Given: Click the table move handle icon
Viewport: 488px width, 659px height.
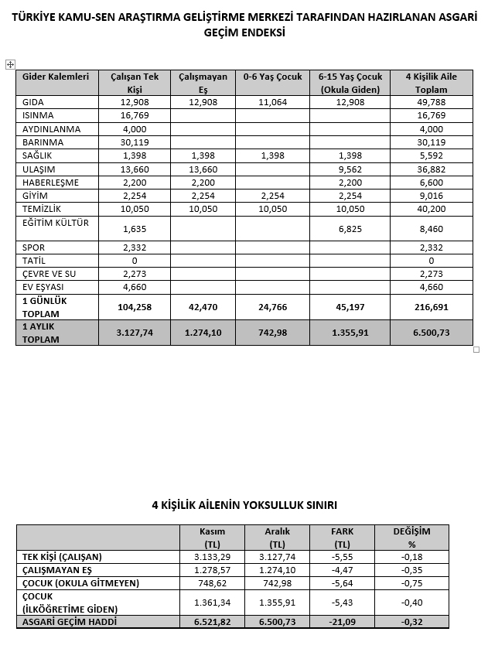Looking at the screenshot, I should [9, 64].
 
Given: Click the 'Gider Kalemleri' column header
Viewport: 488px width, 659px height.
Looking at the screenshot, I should [56, 77].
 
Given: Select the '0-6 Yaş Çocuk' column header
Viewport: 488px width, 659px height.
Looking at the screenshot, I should [272, 77].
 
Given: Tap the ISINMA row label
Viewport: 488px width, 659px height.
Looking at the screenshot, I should [39, 115].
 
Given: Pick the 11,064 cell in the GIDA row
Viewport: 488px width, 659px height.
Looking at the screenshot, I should [272, 102].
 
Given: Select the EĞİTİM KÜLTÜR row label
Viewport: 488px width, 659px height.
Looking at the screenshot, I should [56, 223].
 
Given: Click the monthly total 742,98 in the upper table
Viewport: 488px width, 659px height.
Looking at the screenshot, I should [272, 333].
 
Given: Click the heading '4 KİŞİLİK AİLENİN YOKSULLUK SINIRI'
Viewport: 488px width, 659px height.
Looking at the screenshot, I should [244, 505].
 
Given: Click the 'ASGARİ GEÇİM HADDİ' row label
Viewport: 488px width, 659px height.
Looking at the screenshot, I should [70, 622].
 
